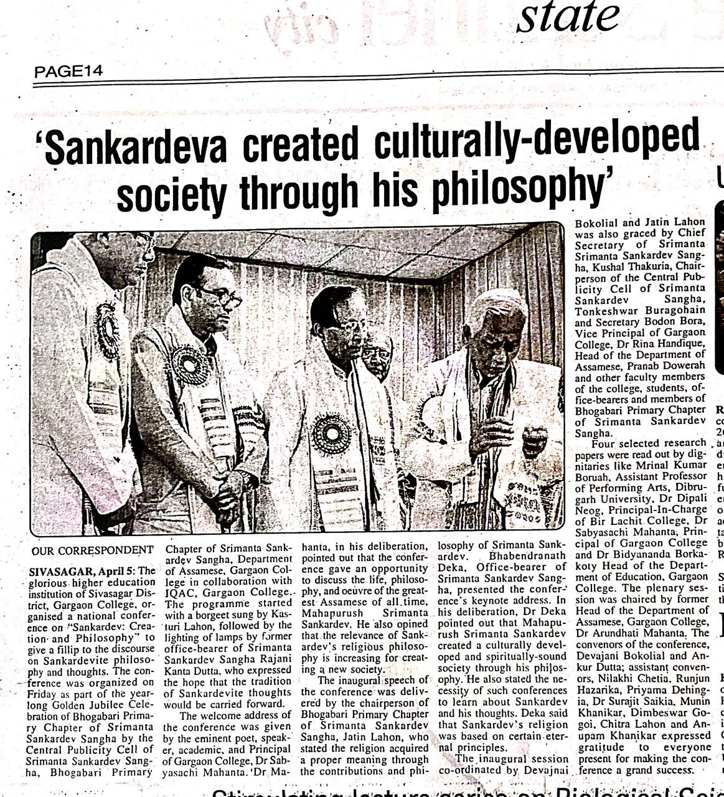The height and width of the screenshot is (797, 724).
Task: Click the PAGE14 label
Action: pyautogui.click(x=68, y=71)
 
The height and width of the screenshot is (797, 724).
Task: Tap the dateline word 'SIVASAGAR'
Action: pyautogui.click(x=60, y=572)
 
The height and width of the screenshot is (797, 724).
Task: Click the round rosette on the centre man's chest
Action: pyautogui.click(x=331, y=433)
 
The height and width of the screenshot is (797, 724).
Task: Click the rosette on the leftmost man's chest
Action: pyautogui.click(x=107, y=329)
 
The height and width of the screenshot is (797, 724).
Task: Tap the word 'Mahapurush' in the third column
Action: pyautogui.click(x=328, y=613)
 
